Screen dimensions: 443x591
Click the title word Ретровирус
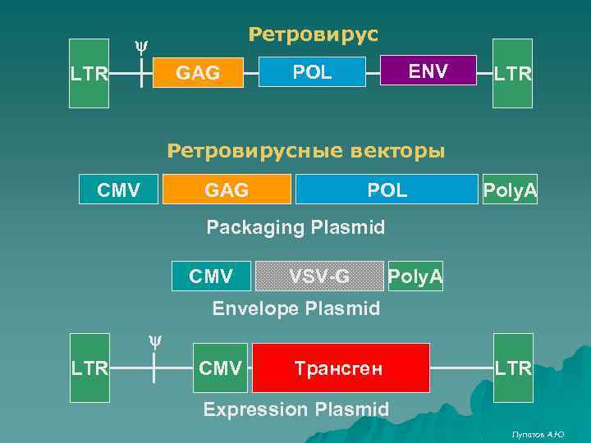(x=313, y=34)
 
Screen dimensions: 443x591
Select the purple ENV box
(x=428, y=71)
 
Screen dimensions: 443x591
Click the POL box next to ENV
(x=312, y=72)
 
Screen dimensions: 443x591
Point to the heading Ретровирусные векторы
(x=306, y=151)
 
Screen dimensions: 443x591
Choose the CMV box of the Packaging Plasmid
(x=118, y=190)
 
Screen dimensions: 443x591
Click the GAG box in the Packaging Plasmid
(x=227, y=190)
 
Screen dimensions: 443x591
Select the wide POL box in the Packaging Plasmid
(x=386, y=190)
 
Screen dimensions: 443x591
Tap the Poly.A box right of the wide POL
(x=510, y=190)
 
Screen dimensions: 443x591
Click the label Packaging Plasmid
(x=295, y=227)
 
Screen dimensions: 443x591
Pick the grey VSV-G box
(x=319, y=276)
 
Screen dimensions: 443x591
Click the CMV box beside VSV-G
(x=210, y=276)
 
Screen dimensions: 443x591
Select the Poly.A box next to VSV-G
(x=415, y=276)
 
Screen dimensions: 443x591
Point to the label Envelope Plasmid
(x=295, y=309)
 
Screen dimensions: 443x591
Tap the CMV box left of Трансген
(x=220, y=368)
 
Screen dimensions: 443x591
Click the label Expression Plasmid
(x=295, y=409)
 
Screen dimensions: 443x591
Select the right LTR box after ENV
(x=512, y=74)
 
